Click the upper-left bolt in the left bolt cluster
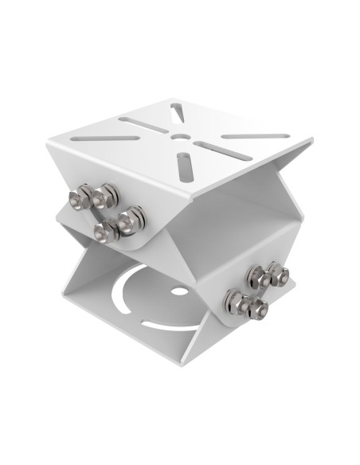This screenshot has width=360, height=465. click(81, 197)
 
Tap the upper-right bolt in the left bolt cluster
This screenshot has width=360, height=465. click(105, 192)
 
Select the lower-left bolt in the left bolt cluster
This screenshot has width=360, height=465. click(104, 231)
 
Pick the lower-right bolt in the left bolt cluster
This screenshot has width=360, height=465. click(133, 217)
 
